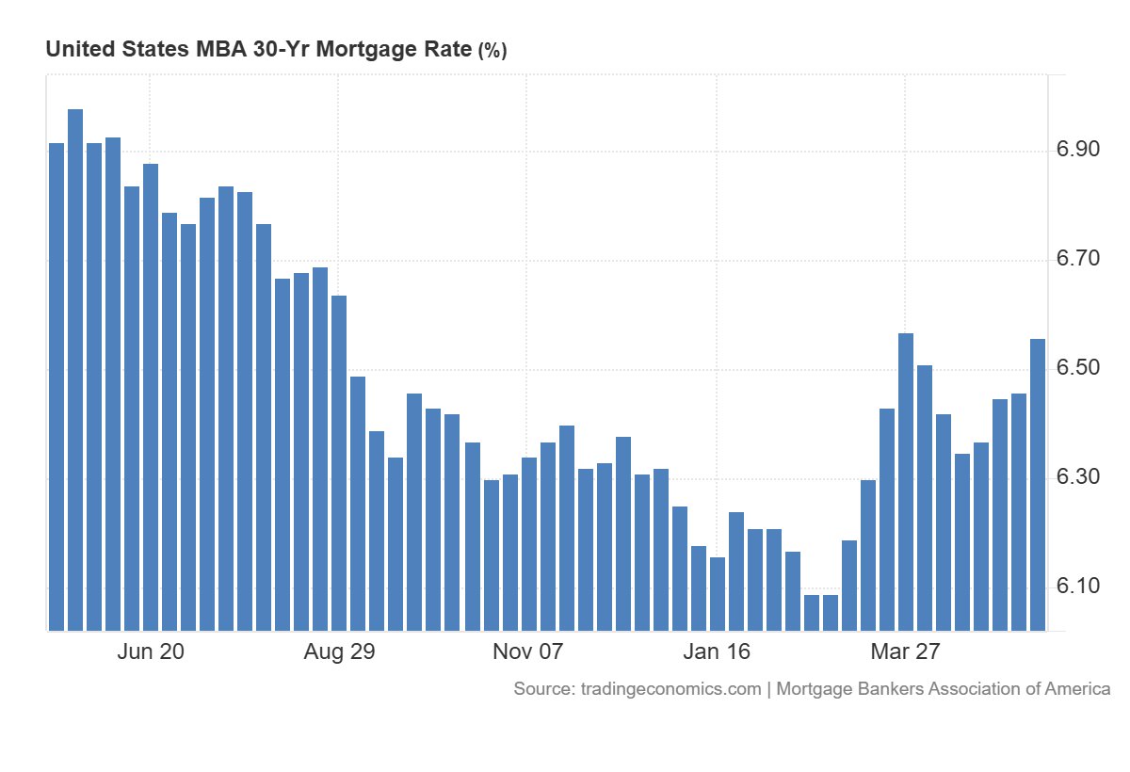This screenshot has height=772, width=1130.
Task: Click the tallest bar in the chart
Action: pos(75,370)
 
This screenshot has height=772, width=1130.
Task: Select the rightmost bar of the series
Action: pos(1037,485)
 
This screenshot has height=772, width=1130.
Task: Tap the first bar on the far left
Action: pos(56,387)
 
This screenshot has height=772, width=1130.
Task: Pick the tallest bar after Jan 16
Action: pos(906,481)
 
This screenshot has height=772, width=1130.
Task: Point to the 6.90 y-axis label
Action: pos(1078,150)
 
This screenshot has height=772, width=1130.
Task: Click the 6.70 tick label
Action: pos(1078,258)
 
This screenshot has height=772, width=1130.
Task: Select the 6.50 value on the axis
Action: pos(1078,367)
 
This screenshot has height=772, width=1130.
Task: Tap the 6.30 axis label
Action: pos(1078,476)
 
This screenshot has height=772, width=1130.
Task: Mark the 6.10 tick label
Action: pos(1078,586)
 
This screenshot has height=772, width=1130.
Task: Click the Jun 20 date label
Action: pos(151,651)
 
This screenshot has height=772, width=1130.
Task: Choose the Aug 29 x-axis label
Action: pos(339,651)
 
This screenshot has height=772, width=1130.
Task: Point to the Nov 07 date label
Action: pos(527,651)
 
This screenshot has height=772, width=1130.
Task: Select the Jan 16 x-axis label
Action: pos(717,651)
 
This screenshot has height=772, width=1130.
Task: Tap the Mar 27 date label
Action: pos(905,651)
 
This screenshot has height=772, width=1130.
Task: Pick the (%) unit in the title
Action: pos(492,51)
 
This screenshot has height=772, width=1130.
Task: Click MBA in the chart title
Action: pos(221,49)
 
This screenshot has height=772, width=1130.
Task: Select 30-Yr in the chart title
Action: pos(282,49)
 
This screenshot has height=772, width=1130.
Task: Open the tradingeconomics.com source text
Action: pos(670,689)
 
